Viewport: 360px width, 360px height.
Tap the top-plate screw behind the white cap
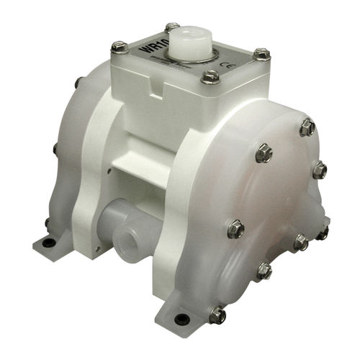172,27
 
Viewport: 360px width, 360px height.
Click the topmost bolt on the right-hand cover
307,127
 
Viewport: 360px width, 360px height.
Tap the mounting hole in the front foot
181,318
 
